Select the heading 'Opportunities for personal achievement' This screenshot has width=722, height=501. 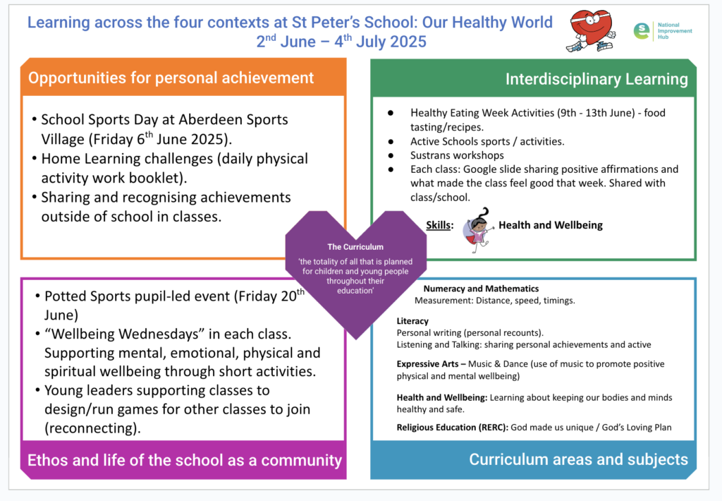click(171, 78)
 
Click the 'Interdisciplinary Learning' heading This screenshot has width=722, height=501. click(596, 79)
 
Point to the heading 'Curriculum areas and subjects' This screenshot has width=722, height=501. click(578, 460)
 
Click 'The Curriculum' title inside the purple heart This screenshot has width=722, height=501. click(355, 247)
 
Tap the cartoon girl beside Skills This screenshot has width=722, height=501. click(477, 229)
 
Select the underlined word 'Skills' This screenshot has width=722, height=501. click(439, 226)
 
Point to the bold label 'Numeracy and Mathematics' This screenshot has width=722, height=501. click(481, 289)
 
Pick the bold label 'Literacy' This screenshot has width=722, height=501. click(412, 321)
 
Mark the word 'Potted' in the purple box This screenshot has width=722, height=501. click(66, 296)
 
